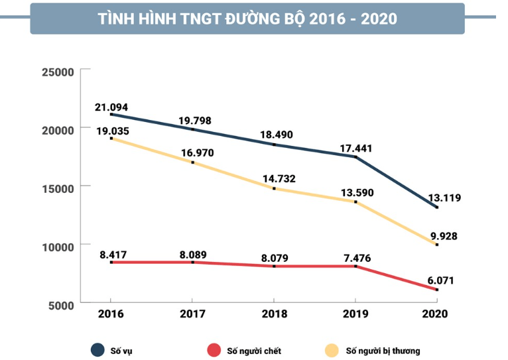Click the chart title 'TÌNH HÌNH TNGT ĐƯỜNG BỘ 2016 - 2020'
click(247, 19)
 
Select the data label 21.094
click(111, 107)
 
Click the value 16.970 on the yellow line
click(194, 153)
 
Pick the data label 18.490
click(276, 135)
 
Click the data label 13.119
click(444, 197)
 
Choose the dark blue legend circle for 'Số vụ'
click(98, 350)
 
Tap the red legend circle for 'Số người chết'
click(214, 350)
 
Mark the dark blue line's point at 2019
click(355, 157)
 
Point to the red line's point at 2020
click(436, 290)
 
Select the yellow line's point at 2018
click(274, 188)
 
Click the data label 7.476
click(356, 253)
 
